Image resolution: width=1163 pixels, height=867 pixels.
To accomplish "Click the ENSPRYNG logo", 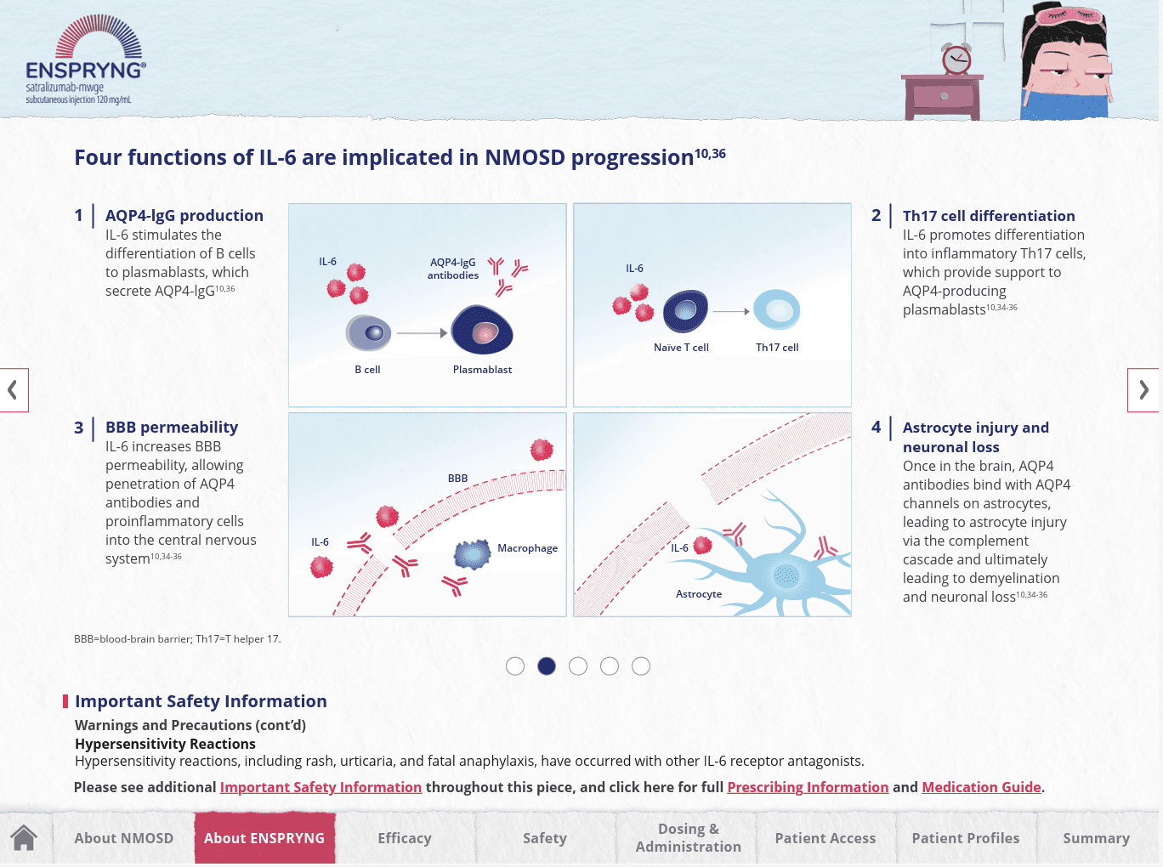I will point(85,59).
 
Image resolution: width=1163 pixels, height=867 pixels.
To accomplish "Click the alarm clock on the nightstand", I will point(956,59).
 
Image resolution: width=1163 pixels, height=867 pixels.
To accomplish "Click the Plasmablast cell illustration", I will point(482,331).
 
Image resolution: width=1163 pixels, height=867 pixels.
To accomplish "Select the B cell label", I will point(367,370).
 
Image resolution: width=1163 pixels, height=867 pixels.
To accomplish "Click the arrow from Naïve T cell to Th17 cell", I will point(730,312).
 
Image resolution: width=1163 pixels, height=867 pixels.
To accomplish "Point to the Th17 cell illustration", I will point(776,310).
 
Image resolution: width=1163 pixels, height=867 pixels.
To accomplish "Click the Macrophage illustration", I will point(473,554).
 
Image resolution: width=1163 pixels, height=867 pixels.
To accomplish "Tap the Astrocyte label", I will point(699,594).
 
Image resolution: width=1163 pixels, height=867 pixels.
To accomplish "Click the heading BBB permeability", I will point(172,428).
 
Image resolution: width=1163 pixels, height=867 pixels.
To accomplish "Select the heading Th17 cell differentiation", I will point(989,216).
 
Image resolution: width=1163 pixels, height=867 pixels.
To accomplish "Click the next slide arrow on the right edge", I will point(1143,390).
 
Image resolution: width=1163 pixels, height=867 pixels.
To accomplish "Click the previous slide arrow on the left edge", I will point(14,390).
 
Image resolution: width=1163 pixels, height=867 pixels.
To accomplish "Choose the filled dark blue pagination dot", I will point(547,666).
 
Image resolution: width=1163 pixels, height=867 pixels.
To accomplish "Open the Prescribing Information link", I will point(808,787).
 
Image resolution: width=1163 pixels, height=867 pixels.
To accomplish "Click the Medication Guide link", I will point(981,787).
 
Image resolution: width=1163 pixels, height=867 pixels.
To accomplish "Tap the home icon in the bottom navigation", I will point(25,838).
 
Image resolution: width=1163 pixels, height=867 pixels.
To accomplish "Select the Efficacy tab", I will point(405,838).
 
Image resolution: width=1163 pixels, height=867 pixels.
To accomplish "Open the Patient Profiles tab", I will point(965,838).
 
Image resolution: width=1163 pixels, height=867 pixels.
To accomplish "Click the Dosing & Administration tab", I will point(688,838).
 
